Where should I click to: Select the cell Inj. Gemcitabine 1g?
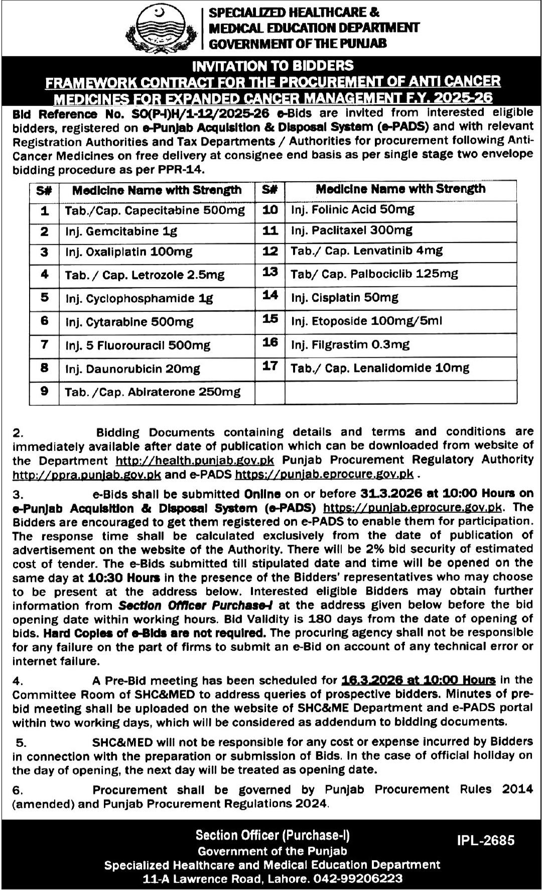point(121,232)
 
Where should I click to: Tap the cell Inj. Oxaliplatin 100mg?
point(128,252)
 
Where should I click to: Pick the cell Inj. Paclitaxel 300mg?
point(351,231)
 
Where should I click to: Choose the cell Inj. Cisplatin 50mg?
point(344,298)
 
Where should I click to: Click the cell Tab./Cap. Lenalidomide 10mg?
point(380,368)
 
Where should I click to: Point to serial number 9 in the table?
point(45,391)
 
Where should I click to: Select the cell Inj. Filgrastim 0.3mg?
point(350,345)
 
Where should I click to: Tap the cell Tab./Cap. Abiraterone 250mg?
point(153,392)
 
